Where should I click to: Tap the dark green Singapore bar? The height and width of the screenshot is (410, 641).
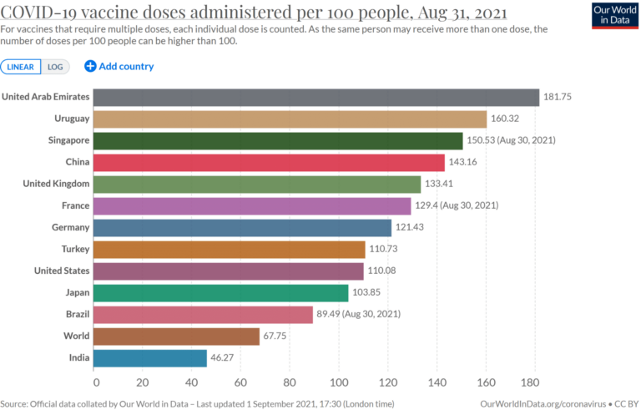(277, 140)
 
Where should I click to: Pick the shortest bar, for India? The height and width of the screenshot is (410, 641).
(149, 357)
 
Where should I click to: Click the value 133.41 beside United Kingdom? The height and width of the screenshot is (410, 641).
(442, 184)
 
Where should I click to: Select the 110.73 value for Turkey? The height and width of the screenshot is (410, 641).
(387, 249)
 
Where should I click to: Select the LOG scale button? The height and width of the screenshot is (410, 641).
(55, 67)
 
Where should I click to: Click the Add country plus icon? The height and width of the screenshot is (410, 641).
(90, 67)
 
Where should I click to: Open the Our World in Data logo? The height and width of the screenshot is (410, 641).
(613, 15)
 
